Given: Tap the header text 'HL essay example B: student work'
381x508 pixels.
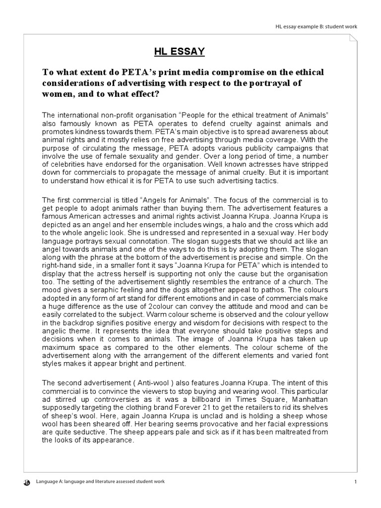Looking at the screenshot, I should pos(317,26).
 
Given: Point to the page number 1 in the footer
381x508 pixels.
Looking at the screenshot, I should pos(356,482).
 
